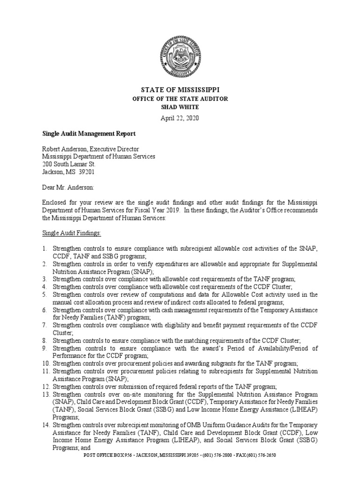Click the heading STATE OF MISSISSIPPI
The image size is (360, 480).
[180, 89]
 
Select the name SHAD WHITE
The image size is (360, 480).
[180, 107]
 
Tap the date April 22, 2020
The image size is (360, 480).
[180, 118]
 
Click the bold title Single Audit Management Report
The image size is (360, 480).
[89, 134]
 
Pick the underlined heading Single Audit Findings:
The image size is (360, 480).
[72, 233]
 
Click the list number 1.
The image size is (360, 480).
[45, 248]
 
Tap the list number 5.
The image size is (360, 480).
[45, 294]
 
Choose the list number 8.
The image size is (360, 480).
[45, 340]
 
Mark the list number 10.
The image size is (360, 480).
[45, 363]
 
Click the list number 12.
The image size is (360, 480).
[45, 386]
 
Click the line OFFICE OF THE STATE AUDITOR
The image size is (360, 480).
[180, 98]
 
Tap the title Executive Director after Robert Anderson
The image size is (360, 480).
[112, 149]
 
